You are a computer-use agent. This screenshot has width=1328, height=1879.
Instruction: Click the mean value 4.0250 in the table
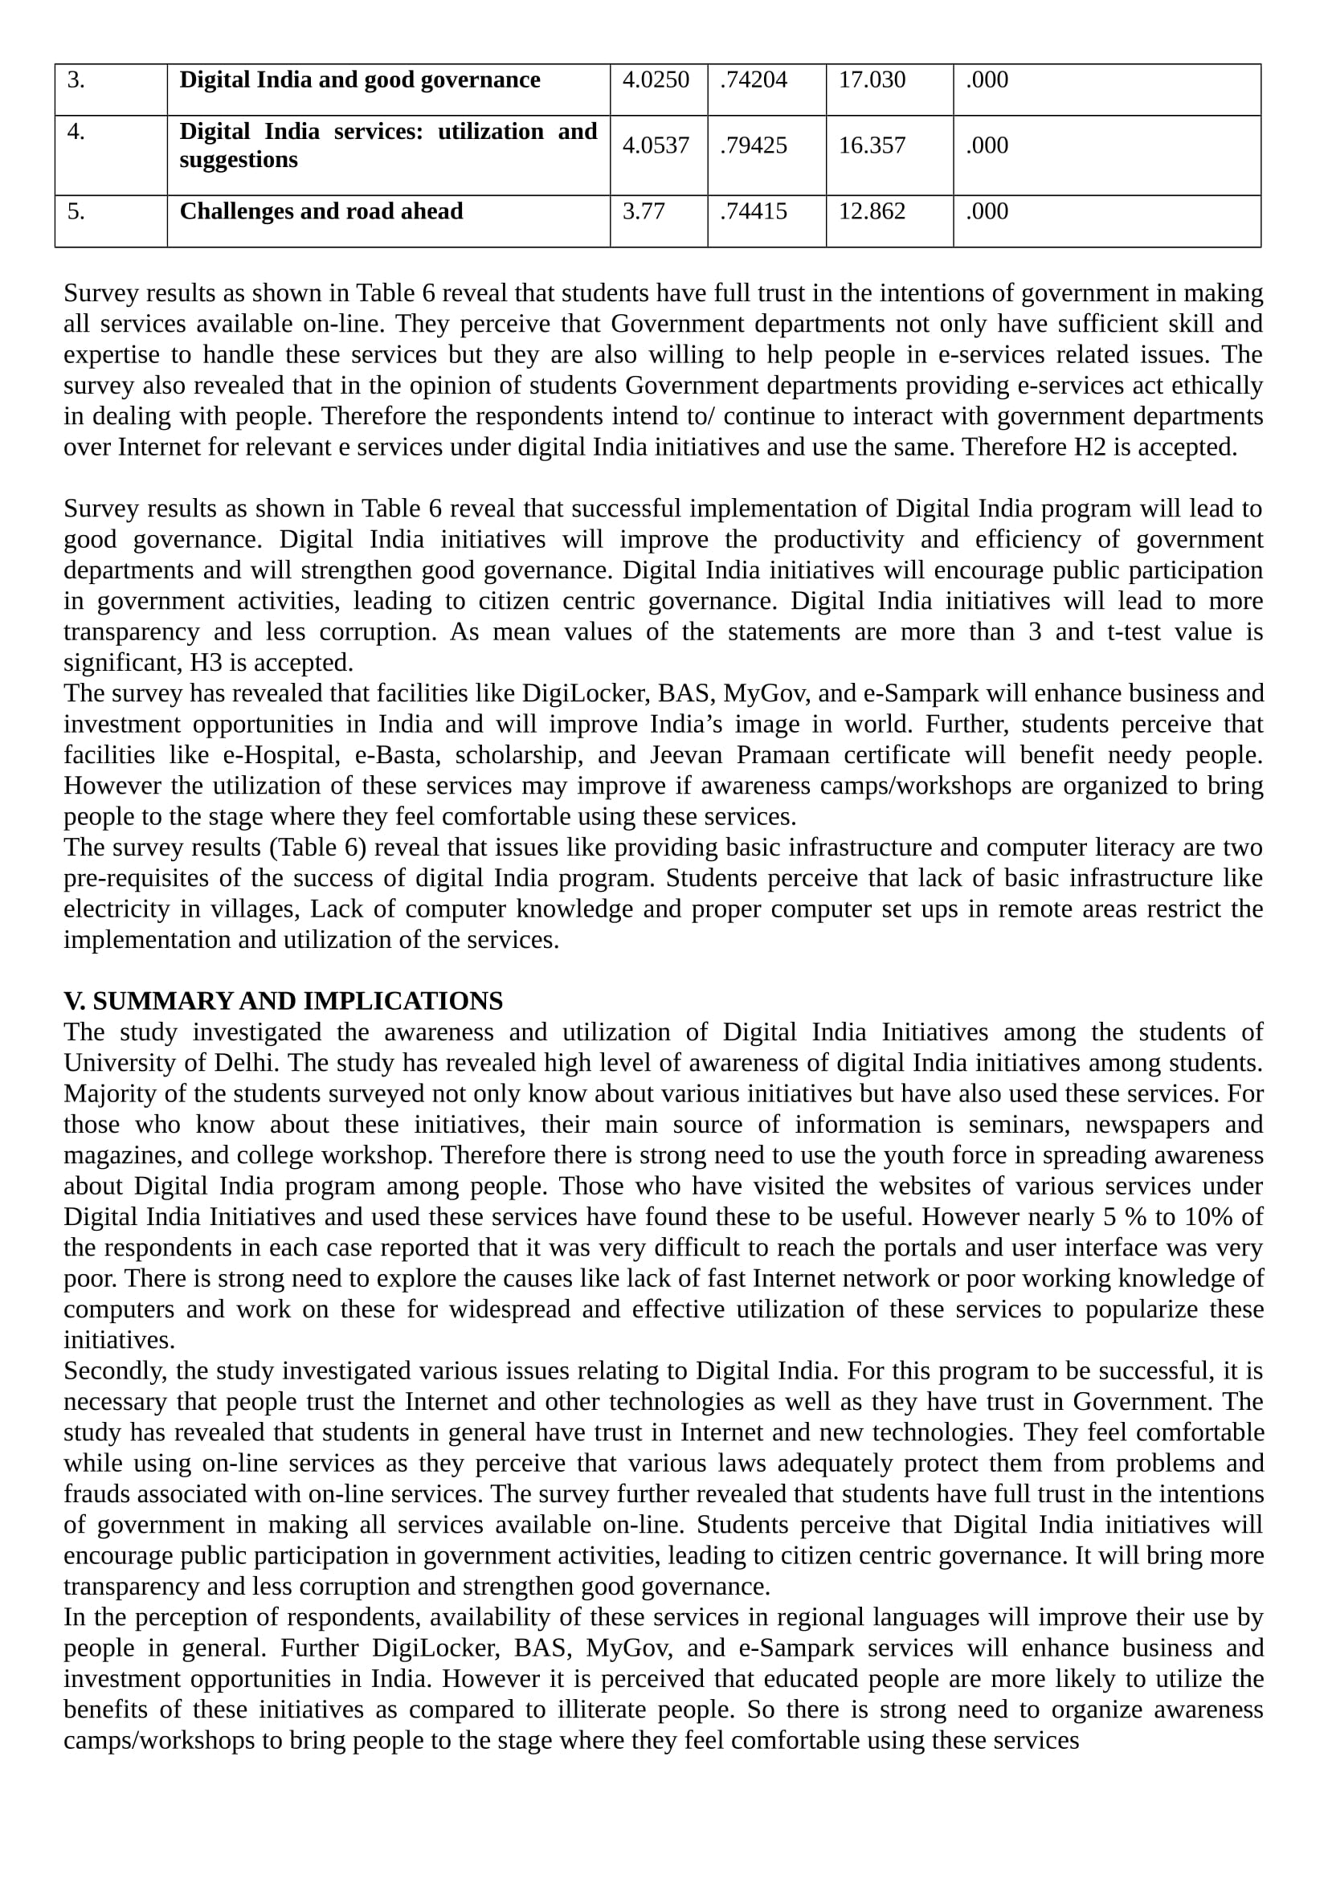pos(656,80)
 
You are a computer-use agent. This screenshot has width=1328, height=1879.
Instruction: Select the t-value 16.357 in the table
pos(872,145)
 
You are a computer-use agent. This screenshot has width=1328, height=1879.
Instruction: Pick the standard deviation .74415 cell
pos(753,212)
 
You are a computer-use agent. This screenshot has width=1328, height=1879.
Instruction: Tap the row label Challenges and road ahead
pos(321,212)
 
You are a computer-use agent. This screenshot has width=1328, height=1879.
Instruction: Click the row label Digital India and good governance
pos(359,80)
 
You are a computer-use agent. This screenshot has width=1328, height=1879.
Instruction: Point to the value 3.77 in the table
pos(644,212)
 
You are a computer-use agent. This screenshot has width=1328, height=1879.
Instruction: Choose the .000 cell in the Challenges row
pos(987,212)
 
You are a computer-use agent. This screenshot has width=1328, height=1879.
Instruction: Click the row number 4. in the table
pos(76,133)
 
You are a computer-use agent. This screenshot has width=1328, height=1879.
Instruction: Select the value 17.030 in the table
pos(872,80)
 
